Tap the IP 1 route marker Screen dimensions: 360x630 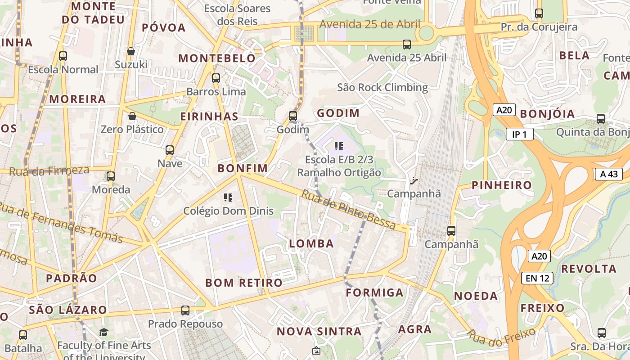tap(520, 134)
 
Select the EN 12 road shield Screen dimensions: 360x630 tap(537, 278)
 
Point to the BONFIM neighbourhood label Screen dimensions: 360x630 tap(243, 168)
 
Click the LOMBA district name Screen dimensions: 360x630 tap(311, 244)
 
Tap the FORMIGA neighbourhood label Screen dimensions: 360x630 tap(374, 292)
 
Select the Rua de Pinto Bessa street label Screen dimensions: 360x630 tap(348, 209)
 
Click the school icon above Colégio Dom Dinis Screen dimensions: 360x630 tap(228, 197)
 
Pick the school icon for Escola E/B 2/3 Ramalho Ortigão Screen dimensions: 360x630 tap(339, 146)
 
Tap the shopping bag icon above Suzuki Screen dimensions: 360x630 tap(131, 52)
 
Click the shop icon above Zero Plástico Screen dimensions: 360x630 tap(132, 117)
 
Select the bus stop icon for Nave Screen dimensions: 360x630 tap(170, 150)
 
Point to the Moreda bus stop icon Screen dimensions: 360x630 tap(111, 176)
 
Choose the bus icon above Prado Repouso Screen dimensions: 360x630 tap(185, 310)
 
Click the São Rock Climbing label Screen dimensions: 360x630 tap(382, 87)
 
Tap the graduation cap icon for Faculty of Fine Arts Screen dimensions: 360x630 tap(104, 332)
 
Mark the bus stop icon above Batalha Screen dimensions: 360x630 tap(23, 335)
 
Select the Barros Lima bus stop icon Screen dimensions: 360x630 tap(216, 78)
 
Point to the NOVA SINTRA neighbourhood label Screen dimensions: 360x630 tap(319, 332)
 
